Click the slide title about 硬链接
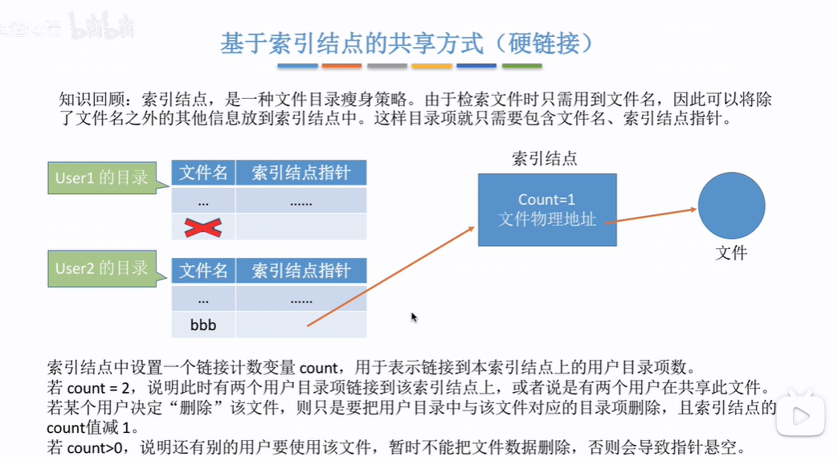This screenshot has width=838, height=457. point(407,43)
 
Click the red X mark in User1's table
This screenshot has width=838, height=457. point(202,228)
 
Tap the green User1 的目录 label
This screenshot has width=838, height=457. point(101,177)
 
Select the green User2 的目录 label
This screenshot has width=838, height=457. point(101,268)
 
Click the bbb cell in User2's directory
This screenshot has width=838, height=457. point(203,326)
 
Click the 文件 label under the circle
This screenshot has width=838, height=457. point(731,254)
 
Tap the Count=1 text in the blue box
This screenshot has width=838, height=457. point(547,199)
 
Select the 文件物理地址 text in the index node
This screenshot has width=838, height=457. point(547,218)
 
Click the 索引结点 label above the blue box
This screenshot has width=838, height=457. point(544,158)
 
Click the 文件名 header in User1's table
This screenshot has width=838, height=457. point(203,173)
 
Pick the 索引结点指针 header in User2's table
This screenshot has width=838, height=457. point(301,271)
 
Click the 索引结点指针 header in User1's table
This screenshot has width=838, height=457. point(301,173)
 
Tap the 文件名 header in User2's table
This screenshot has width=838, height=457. point(203,271)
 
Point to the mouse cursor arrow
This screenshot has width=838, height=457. point(414,317)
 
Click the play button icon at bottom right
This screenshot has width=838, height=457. point(801,416)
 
